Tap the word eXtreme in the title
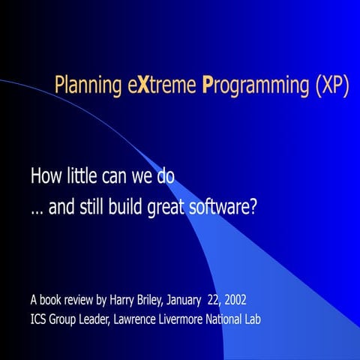tap(157, 86)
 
